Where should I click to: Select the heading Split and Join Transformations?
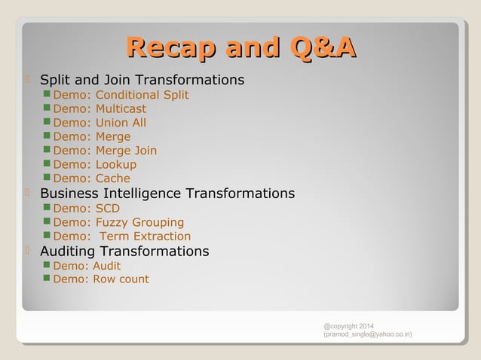click(x=142, y=80)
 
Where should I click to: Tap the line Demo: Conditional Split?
click(x=121, y=95)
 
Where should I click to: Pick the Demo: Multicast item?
click(x=100, y=108)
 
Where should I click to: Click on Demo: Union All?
click(x=100, y=123)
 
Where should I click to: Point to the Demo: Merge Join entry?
click(x=105, y=151)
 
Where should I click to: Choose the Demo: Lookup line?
click(x=95, y=164)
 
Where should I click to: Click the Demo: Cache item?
click(x=91, y=178)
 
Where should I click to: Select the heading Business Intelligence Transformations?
click(x=167, y=194)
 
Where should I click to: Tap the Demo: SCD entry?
click(x=86, y=209)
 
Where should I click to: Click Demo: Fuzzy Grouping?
click(x=118, y=222)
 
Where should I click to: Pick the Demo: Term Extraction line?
click(x=121, y=236)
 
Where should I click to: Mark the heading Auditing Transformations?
click(x=124, y=251)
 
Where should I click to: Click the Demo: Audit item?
click(x=87, y=266)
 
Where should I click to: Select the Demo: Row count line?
click(x=101, y=279)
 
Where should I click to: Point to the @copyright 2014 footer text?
click(x=348, y=325)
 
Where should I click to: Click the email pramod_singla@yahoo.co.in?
click(x=367, y=334)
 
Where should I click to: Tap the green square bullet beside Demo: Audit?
click(x=47, y=265)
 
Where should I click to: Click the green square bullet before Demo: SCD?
click(x=47, y=208)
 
